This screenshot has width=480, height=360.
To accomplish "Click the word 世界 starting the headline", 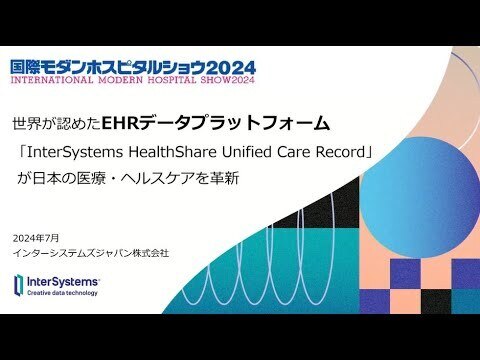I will coord(26,125).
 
